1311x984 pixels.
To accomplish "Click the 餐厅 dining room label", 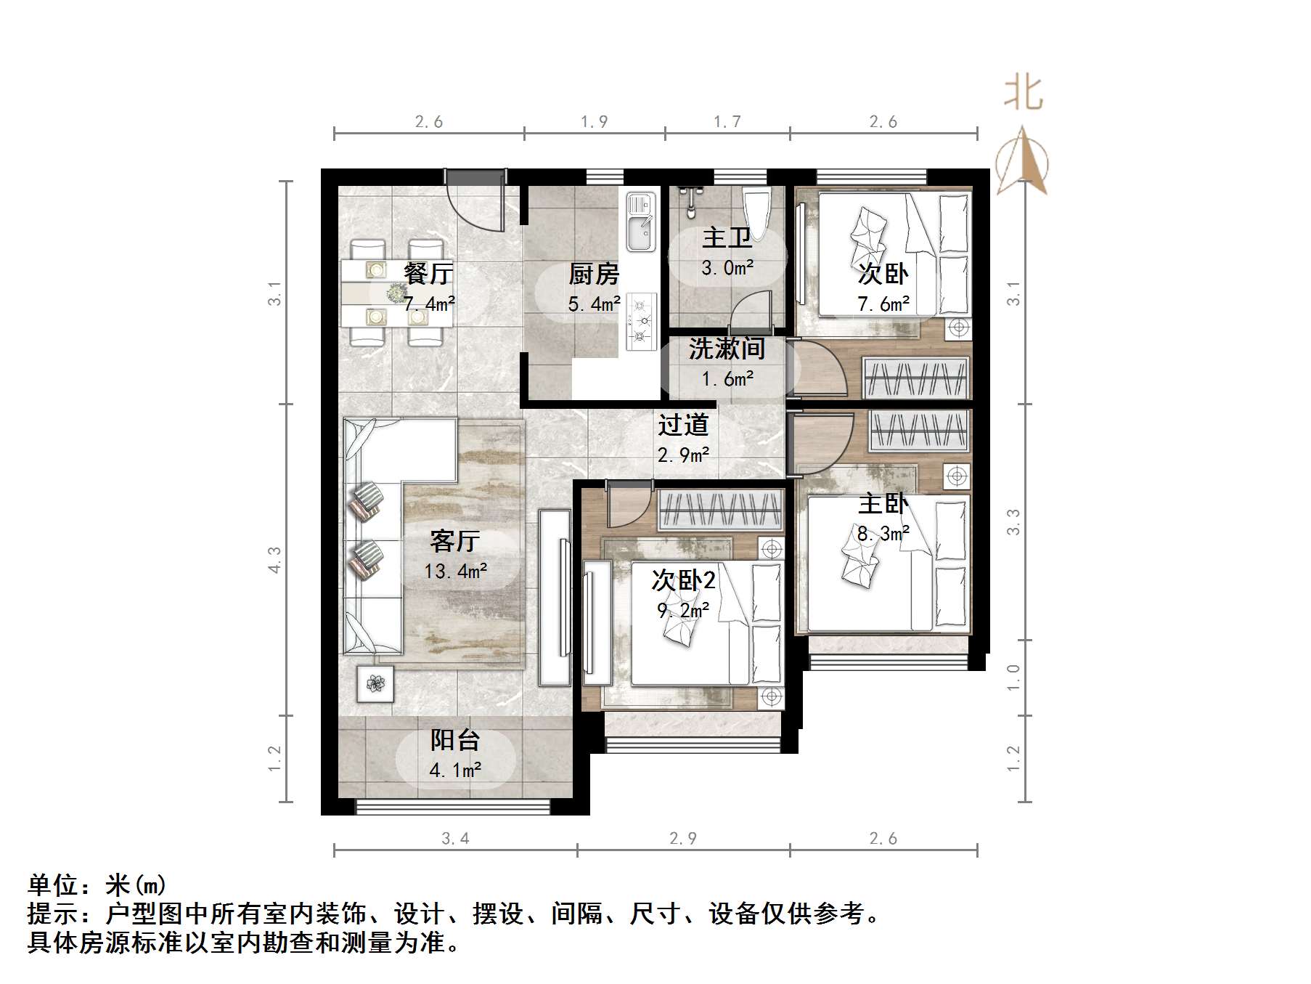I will (428, 274).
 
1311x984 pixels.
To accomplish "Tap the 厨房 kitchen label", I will (594, 274).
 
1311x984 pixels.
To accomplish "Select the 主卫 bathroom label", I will (727, 238).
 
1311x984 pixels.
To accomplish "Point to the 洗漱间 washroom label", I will (727, 349).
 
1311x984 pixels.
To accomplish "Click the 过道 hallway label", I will (683, 425).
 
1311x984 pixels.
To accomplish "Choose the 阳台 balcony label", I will (455, 740).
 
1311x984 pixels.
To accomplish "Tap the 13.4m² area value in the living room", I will (455, 572).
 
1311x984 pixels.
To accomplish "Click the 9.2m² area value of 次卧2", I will (683, 610).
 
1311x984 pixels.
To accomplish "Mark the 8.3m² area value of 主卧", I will (883, 534).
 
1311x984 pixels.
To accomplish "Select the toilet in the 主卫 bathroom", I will (757, 211).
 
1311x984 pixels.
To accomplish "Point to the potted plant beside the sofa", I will (375, 683).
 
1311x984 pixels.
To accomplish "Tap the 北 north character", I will (1024, 93).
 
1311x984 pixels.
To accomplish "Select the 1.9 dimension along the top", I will (594, 122).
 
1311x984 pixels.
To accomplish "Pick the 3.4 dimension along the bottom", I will (455, 839).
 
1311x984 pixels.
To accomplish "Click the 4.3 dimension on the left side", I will (274, 560).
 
